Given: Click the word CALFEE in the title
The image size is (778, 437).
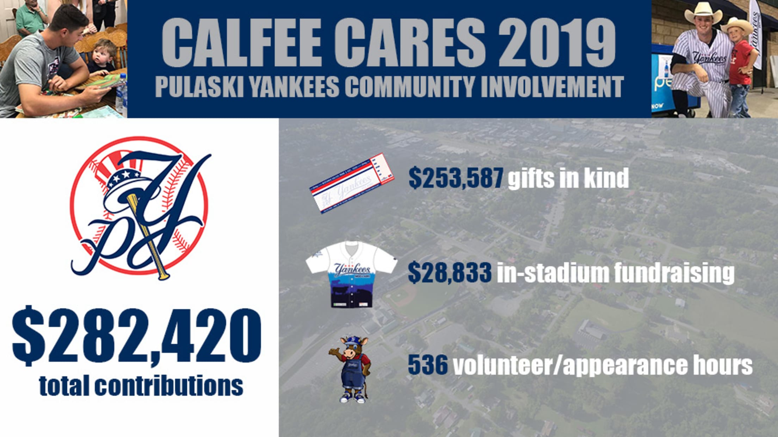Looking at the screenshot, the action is tap(241, 42).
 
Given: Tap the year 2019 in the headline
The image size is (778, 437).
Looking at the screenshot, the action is tap(557, 42).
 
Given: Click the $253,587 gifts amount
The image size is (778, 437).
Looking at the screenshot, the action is tap(456, 178).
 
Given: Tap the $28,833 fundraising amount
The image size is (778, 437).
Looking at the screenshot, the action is tap(450, 272).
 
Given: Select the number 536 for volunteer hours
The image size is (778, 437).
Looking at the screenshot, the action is tap(428, 365).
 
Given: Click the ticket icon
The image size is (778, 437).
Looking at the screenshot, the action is tap(352, 183).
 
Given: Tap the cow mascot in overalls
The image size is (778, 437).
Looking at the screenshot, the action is tap(350, 369).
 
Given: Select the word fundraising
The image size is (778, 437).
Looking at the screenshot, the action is tap(674, 273).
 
